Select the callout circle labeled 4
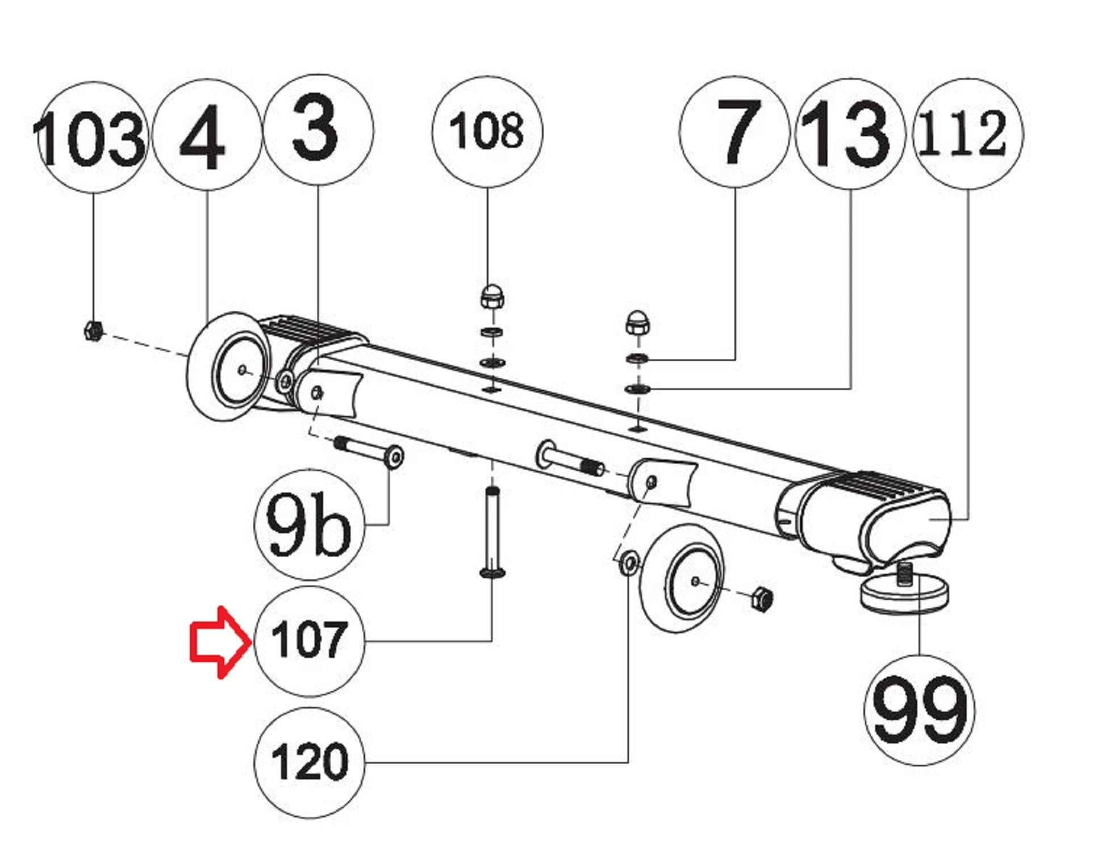tap(207, 135)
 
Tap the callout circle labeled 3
tap(319, 130)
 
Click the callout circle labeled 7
tap(734, 132)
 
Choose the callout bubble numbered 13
tap(850, 134)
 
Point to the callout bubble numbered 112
tap(967, 134)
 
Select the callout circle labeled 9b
tap(308, 524)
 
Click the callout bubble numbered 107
tap(308, 641)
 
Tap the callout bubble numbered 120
tap(308, 762)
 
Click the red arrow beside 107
tap(219, 642)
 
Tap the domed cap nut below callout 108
tap(491, 296)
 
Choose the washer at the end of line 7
tap(637, 358)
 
